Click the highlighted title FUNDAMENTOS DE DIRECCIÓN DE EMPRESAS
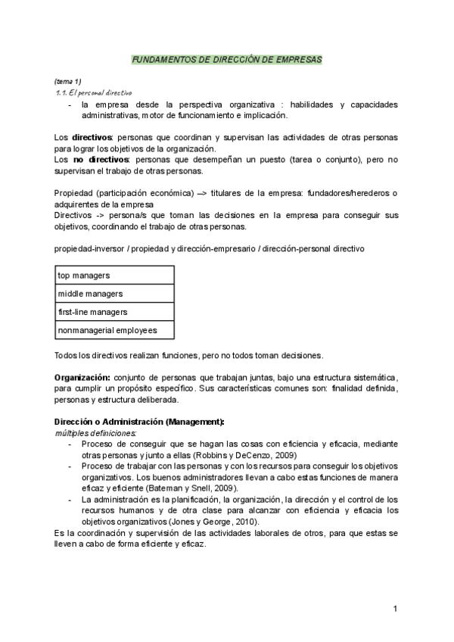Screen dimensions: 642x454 (226, 58)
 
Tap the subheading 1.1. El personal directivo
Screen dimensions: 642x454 (89, 92)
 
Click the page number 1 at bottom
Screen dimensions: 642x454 (395, 609)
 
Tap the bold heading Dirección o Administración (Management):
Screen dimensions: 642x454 (138, 421)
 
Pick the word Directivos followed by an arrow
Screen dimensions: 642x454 (73, 216)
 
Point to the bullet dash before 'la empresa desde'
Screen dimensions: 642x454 (70, 104)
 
